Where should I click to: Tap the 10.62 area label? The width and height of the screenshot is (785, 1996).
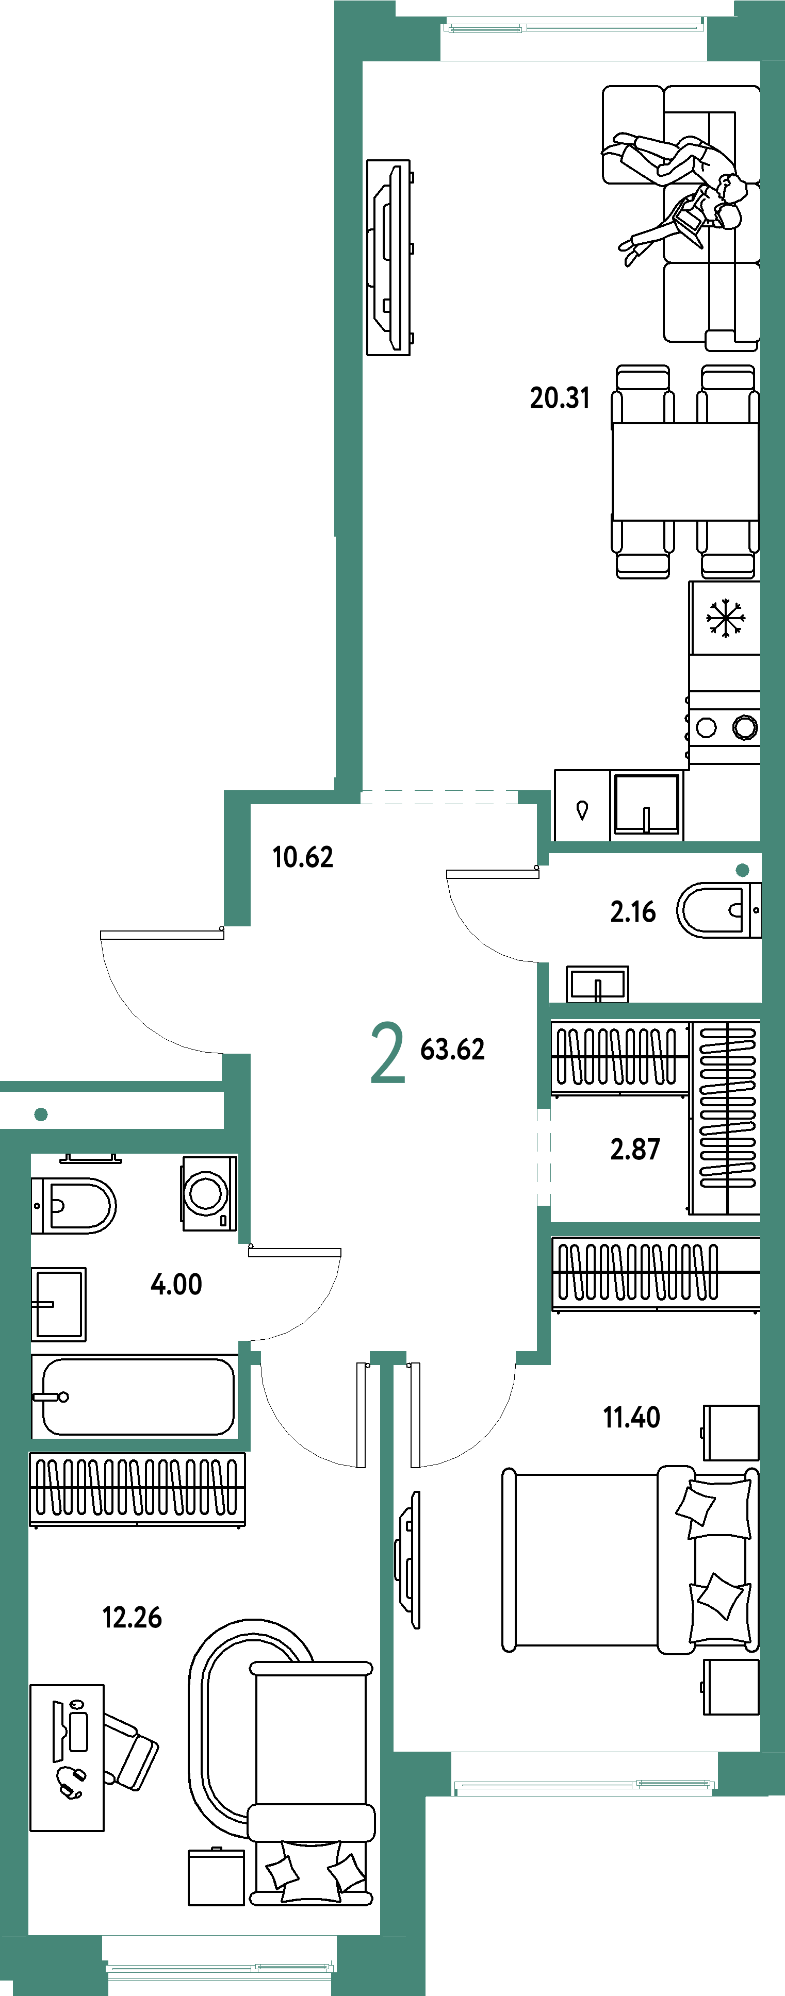(303, 857)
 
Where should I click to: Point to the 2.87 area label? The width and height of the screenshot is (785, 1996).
(635, 1149)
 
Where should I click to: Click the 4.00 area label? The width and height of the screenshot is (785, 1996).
(176, 1285)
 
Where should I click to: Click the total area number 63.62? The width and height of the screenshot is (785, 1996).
(452, 1049)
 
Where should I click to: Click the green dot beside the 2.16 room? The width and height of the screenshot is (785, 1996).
(742, 870)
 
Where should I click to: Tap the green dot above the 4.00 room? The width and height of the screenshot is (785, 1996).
(41, 1114)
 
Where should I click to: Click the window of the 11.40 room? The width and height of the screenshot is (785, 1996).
(583, 1785)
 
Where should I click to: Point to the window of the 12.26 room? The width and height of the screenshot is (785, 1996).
(220, 1967)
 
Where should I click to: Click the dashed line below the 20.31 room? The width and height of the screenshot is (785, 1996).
(439, 796)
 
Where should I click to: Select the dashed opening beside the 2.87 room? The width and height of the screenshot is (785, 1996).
(544, 1157)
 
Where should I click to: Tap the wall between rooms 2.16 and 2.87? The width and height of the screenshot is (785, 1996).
(655, 1010)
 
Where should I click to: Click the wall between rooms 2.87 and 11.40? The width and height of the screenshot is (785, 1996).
(655, 1229)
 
